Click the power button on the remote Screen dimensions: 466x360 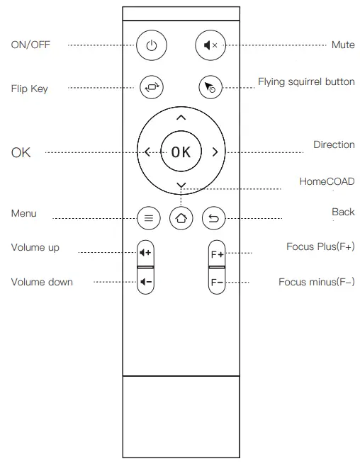click(150, 45)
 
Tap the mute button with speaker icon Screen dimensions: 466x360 click(209, 45)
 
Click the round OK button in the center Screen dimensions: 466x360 click(181, 151)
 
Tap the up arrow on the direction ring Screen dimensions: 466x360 click(181, 118)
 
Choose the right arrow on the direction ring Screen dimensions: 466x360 click(215, 151)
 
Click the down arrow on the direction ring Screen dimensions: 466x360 click(181, 186)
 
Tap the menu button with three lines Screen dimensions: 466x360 click(148, 218)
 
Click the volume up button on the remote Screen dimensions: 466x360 click(146, 252)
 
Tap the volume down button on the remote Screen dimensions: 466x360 click(146, 282)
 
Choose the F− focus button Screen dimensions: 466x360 click(216, 282)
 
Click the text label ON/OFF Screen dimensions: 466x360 click(30, 45)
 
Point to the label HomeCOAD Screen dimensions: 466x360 click(327, 182)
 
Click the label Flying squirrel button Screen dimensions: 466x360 click(306, 82)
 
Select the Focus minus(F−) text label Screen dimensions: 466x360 click(317, 282)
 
